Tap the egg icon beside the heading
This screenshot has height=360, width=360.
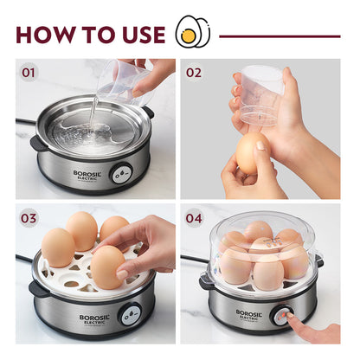pos(192,34)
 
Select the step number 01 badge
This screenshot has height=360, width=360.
pos(29,73)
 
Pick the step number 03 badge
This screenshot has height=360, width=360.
pos(29,218)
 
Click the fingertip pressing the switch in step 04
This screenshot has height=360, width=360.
pos(292,321)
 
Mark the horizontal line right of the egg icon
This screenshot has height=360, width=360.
pos(279,36)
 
